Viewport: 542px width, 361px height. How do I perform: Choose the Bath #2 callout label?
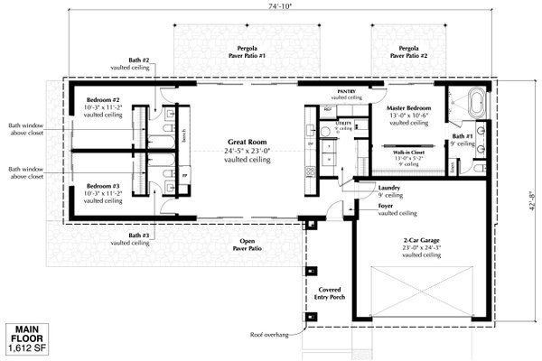click(138, 64)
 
